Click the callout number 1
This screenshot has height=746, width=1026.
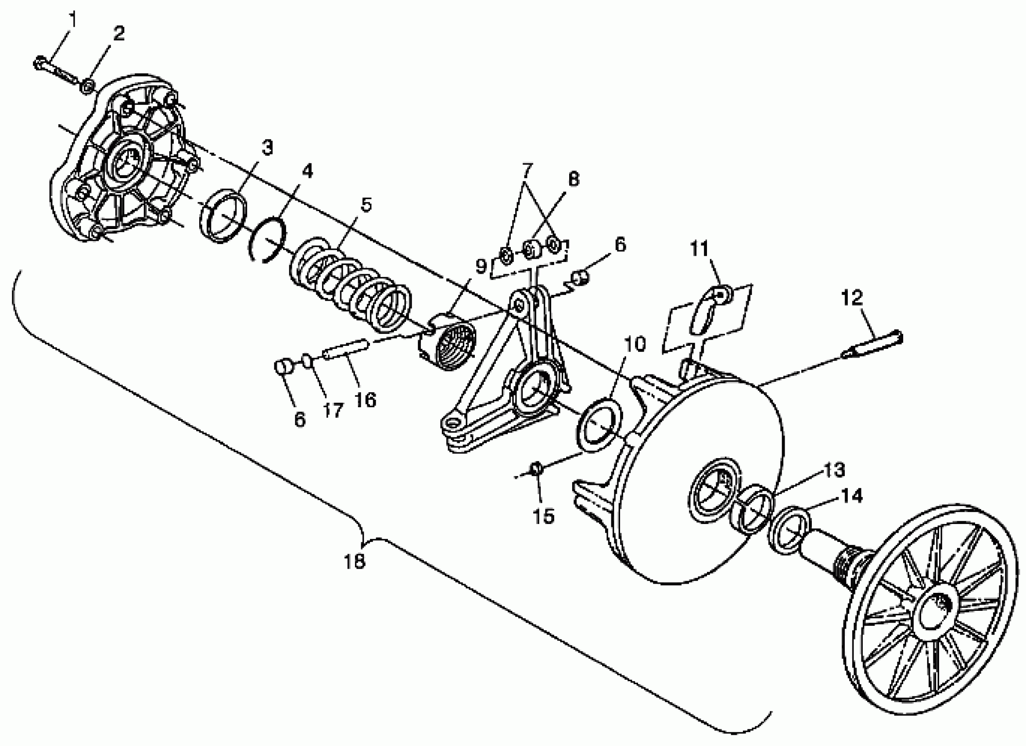pos(72,20)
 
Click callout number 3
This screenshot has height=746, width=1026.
pos(267,147)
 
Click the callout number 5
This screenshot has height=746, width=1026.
pos(366,205)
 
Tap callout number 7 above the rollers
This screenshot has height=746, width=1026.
pos(527,171)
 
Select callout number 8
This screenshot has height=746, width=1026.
pos(573,179)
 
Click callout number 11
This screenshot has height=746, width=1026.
pos(700,249)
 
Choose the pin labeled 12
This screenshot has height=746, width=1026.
pos(874,344)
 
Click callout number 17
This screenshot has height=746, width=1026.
pos(333,411)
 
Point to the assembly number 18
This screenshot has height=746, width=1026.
pos(354,561)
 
